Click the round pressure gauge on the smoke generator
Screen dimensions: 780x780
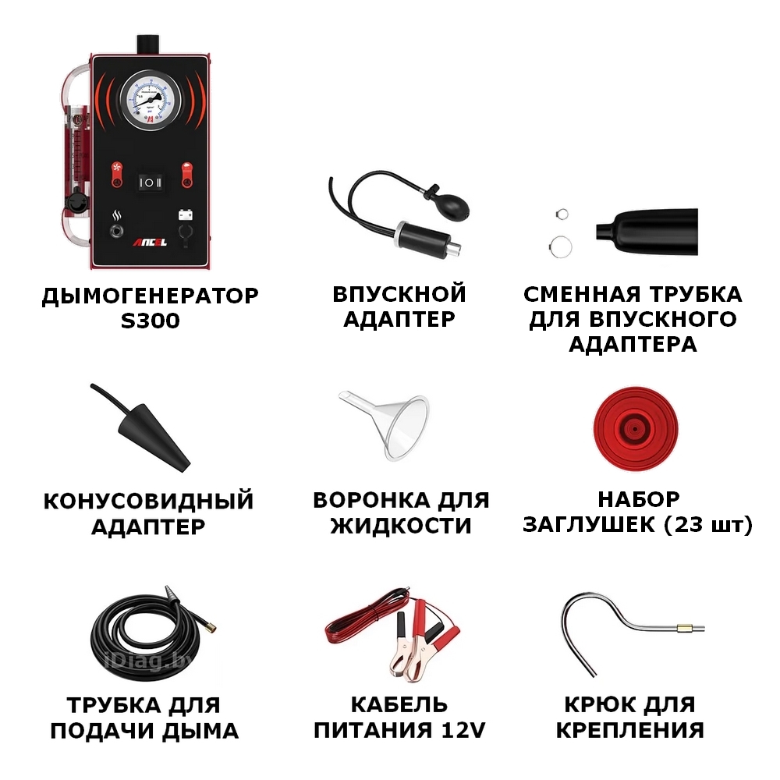pos(150,100)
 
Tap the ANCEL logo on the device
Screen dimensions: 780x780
pos(150,243)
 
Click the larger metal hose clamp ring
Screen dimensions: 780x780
pos(561,246)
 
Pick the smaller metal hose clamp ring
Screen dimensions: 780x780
pos(562,214)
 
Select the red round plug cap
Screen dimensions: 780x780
pos(635,428)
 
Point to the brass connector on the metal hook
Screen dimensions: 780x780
pos(683,628)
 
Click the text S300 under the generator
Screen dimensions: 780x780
pos(151,321)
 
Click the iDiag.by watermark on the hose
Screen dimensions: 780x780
pos(144,661)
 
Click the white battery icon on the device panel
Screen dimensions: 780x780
pos(186,214)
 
